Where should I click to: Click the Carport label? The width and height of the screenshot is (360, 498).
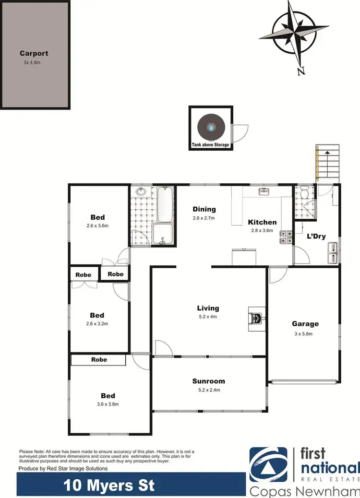click(34, 54)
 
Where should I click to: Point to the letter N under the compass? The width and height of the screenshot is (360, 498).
click(301, 71)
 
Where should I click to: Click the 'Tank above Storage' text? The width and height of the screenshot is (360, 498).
click(211, 145)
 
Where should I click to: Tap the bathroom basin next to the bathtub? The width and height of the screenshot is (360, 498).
click(141, 192)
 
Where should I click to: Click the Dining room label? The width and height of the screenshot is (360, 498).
click(204, 209)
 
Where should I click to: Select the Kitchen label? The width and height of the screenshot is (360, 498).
click(262, 222)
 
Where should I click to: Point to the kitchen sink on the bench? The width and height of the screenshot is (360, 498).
click(264, 192)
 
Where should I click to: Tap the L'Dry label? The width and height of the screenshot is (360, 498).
click(317, 236)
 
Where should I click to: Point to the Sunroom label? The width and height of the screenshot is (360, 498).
click(209, 381)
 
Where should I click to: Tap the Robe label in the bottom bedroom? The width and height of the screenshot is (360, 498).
click(99, 359)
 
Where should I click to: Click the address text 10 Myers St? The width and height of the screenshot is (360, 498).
click(109, 486)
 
